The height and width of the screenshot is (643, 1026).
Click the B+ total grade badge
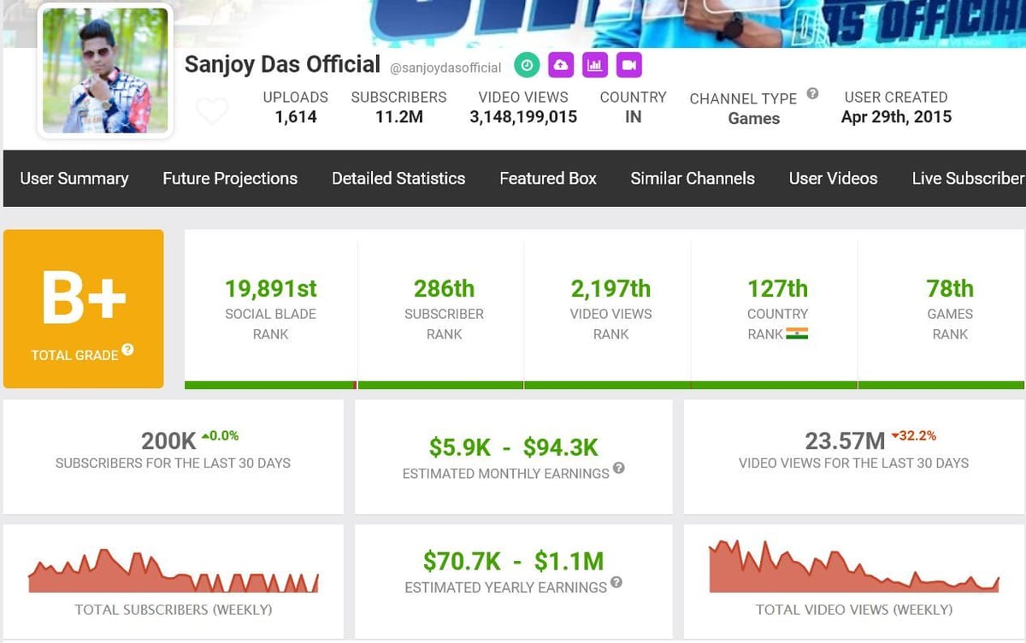click(x=84, y=308)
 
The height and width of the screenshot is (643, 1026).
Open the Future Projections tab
click(x=230, y=179)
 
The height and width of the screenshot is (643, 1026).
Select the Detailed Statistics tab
click(x=398, y=179)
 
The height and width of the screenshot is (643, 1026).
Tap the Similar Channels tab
click(x=693, y=179)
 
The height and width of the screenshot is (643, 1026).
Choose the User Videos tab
click(x=833, y=179)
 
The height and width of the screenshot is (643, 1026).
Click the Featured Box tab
click(x=548, y=179)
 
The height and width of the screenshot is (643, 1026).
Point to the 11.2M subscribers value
click(x=398, y=117)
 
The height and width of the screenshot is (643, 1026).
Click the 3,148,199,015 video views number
click(x=523, y=117)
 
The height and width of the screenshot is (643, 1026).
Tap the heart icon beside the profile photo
click(x=212, y=111)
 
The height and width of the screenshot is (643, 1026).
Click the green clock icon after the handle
click(x=527, y=65)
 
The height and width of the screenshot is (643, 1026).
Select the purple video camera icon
click(x=628, y=65)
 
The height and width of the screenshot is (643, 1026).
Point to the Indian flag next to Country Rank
click(x=797, y=333)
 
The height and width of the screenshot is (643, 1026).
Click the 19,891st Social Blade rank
click(x=271, y=289)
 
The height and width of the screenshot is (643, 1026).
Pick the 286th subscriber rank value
click(x=444, y=289)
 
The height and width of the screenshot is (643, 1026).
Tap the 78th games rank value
click(x=950, y=289)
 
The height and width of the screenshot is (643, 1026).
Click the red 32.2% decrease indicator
click(x=913, y=436)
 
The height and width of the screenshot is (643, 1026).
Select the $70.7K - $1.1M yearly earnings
click(x=513, y=562)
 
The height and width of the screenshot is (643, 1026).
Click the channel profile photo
click(x=105, y=71)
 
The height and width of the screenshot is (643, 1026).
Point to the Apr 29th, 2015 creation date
click(x=896, y=117)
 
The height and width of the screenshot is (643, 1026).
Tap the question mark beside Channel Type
click(x=812, y=94)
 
